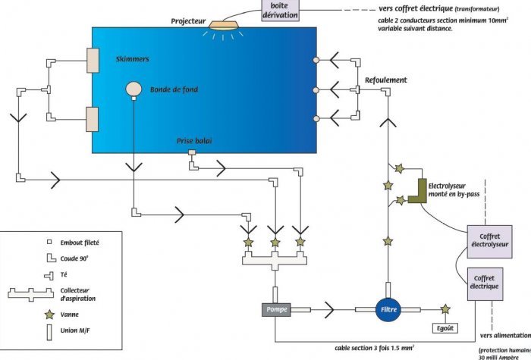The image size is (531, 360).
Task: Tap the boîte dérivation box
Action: click(x=279, y=11)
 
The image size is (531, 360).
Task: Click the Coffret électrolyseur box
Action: click(x=489, y=241)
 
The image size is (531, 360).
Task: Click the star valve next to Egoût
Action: click(x=445, y=309)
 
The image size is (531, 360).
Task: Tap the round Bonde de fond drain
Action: click(x=134, y=89)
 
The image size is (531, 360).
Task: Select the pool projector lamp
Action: click(x=224, y=24)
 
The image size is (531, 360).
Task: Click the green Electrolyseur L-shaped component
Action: click(x=417, y=192)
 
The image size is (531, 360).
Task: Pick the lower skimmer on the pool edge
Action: click(x=93, y=119)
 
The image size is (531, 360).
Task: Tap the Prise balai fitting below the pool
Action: click(x=192, y=154)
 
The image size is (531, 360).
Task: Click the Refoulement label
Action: click(x=386, y=80)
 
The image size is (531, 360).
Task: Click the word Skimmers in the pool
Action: click(x=133, y=58)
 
